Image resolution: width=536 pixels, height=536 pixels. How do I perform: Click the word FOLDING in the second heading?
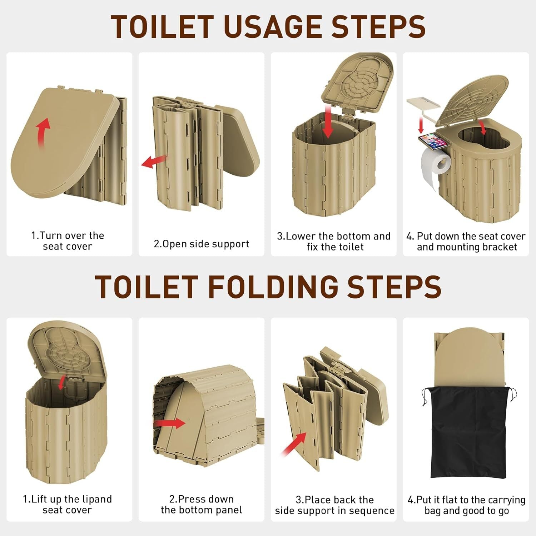tap(273, 287)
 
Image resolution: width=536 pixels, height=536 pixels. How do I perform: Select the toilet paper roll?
tap(435, 166)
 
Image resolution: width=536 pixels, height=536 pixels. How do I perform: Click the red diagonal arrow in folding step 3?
tap(294, 444)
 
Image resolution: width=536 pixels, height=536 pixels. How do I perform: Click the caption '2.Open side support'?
tap(201, 244)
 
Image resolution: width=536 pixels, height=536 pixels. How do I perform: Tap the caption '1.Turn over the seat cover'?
tap(68, 241)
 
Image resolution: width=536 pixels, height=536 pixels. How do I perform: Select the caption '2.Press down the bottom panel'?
tap(201, 504)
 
